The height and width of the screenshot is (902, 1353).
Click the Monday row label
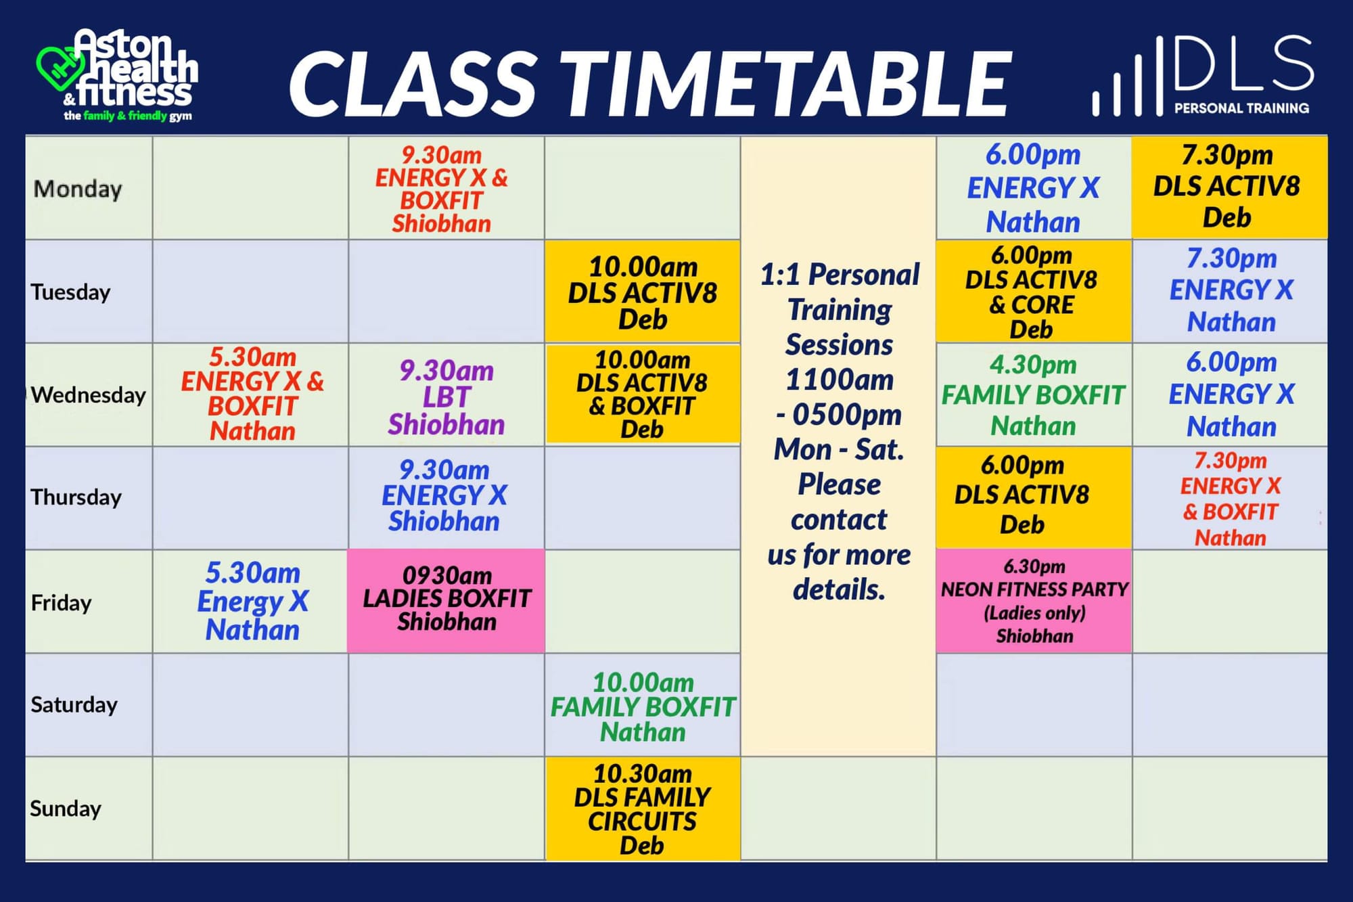78,189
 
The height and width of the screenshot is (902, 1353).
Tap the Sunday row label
66,809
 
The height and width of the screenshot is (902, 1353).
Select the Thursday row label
76,497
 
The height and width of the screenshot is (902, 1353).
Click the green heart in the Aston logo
60,68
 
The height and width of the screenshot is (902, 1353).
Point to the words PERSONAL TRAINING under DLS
1241,108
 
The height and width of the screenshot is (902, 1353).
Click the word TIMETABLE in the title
785,84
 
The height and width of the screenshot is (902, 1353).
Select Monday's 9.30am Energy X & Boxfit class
442,189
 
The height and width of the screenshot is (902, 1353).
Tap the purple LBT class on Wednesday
446,397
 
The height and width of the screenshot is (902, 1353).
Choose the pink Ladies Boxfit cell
446,601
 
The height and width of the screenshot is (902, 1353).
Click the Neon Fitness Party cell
1034,601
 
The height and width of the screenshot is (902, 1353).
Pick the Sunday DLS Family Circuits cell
642,809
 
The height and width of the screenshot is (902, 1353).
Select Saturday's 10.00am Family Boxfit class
643,707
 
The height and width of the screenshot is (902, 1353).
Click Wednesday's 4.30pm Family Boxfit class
1033,395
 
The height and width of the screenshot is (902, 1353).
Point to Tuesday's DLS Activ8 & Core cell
1034,292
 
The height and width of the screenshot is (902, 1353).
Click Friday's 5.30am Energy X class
252,601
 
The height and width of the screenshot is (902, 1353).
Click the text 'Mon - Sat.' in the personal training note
839,449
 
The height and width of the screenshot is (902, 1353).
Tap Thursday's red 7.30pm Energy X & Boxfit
1231,499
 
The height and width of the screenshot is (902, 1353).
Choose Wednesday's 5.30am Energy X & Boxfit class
252,394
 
